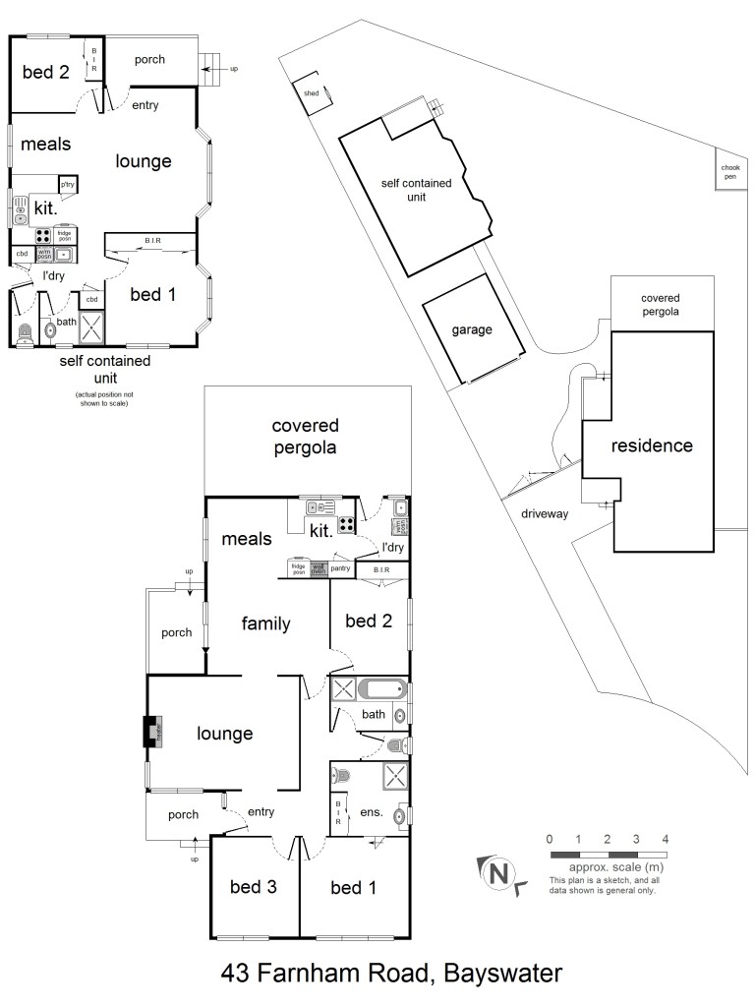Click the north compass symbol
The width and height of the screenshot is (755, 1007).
pyautogui.click(x=501, y=871)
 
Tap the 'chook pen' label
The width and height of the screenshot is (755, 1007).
pyautogui.click(x=729, y=173)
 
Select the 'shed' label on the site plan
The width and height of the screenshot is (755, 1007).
pyautogui.click(x=313, y=93)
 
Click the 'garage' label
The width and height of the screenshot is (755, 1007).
pyautogui.click(x=472, y=330)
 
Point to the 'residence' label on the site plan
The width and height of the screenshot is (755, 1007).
pyautogui.click(x=652, y=445)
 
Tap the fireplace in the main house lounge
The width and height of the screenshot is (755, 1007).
pyautogui.click(x=150, y=732)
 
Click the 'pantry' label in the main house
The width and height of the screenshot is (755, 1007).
pyautogui.click(x=341, y=567)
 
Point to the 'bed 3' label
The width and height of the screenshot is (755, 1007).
pyautogui.click(x=253, y=888)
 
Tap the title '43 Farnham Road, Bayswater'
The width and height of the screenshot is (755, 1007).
pyautogui.click(x=391, y=974)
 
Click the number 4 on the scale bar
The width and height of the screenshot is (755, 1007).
pyautogui.click(x=666, y=839)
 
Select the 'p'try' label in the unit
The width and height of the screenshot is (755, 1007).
pyautogui.click(x=68, y=185)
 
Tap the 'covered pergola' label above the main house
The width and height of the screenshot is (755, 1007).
pyautogui.click(x=305, y=436)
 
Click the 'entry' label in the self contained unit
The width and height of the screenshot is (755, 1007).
pyautogui.click(x=145, y=105)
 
